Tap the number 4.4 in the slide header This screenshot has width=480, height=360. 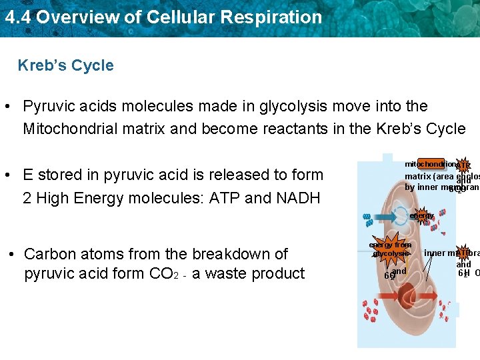tap(17, 17)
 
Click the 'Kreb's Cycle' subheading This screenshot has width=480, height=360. tap(65, 65)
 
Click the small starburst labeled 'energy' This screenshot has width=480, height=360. tap(422, 216)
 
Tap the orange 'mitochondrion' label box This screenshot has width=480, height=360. tap(430, 164)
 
